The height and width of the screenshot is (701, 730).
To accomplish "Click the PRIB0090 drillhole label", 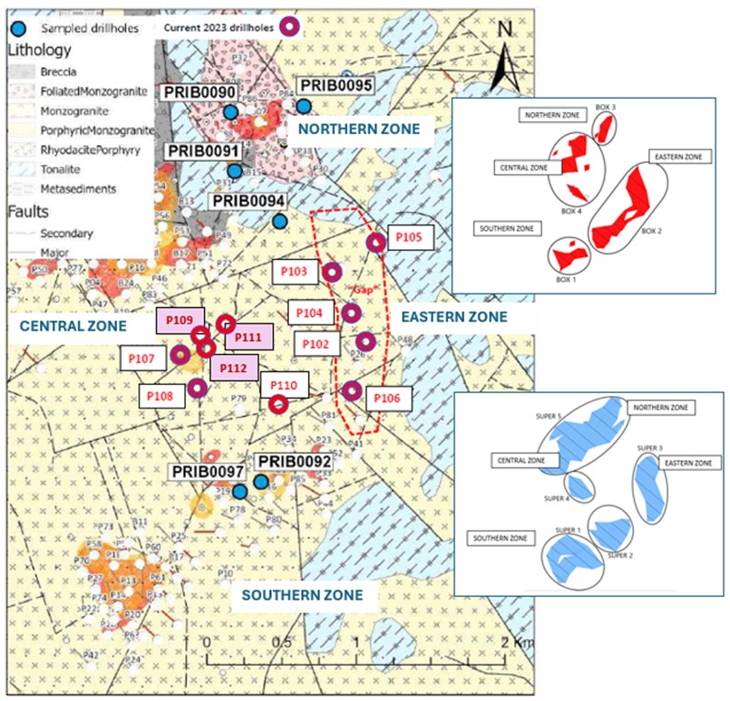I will click(x=200, y=93).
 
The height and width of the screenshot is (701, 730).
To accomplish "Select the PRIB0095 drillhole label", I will click(x=336, y=85).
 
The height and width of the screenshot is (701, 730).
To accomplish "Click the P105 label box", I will click(x=410, y=237).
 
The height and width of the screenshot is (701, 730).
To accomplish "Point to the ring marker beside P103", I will click(x=332, y=273).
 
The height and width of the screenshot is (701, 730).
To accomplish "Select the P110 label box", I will click(x=283, y=385).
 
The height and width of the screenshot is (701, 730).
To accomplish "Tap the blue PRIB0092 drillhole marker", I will click(x=261, y=483).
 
